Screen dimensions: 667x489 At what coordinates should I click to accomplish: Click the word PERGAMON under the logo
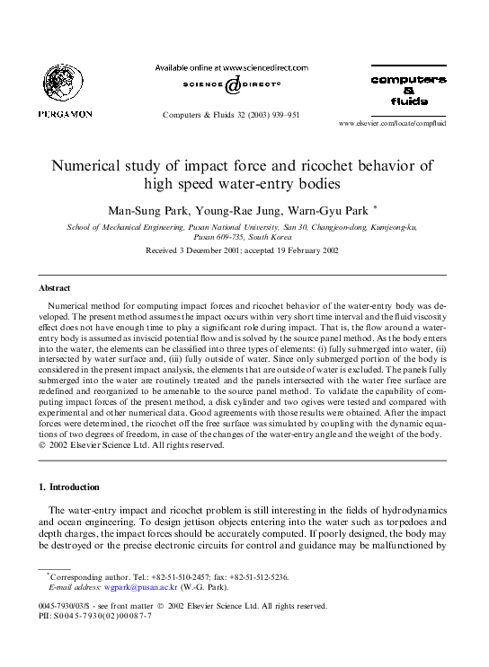64,113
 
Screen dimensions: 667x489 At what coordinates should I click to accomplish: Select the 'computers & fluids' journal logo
408,90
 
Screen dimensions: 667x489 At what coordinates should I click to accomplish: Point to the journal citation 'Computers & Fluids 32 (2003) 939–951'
231,115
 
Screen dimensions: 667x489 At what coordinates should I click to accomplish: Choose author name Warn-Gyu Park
325,210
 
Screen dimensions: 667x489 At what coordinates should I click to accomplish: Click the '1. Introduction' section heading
69,487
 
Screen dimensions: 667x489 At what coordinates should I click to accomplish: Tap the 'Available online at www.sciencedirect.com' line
231,67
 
